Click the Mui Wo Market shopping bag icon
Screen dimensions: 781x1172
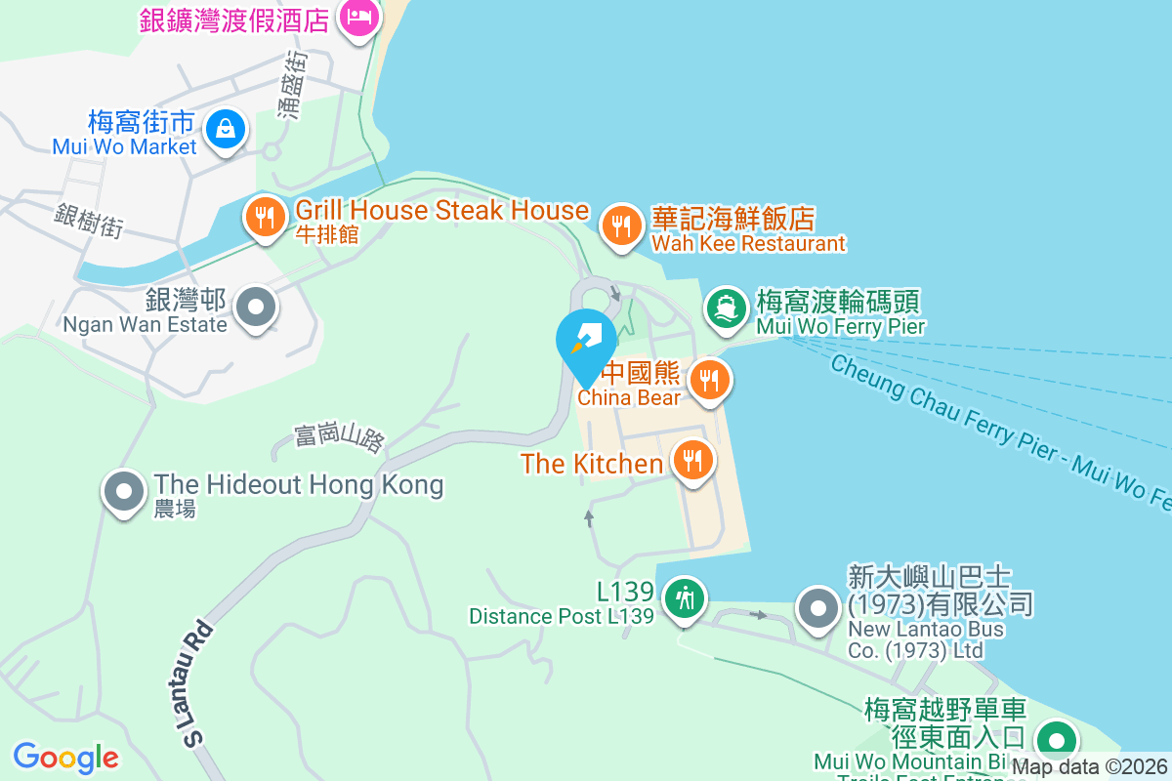click(226, 129)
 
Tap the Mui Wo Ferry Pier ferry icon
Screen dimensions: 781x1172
click(725, 307)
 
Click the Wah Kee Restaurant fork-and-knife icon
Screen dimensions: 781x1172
click(620, 226)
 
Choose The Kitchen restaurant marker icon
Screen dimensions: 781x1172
click(693, 458)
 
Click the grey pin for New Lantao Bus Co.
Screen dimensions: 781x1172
click(818, 609)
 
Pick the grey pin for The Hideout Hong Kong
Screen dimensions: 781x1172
click(124, 491)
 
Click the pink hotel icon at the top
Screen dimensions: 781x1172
click(358, 17)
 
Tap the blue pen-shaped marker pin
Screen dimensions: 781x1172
click(586, 341)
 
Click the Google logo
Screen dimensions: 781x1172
click(65, 757)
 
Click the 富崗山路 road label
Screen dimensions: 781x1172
click(339, 438)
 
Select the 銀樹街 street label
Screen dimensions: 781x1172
click(90, 221)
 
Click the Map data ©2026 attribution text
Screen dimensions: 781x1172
click(1089, 767)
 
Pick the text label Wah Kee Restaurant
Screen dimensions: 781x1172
click(748, 243)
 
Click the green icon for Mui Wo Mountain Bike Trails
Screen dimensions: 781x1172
click(1055, 739)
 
